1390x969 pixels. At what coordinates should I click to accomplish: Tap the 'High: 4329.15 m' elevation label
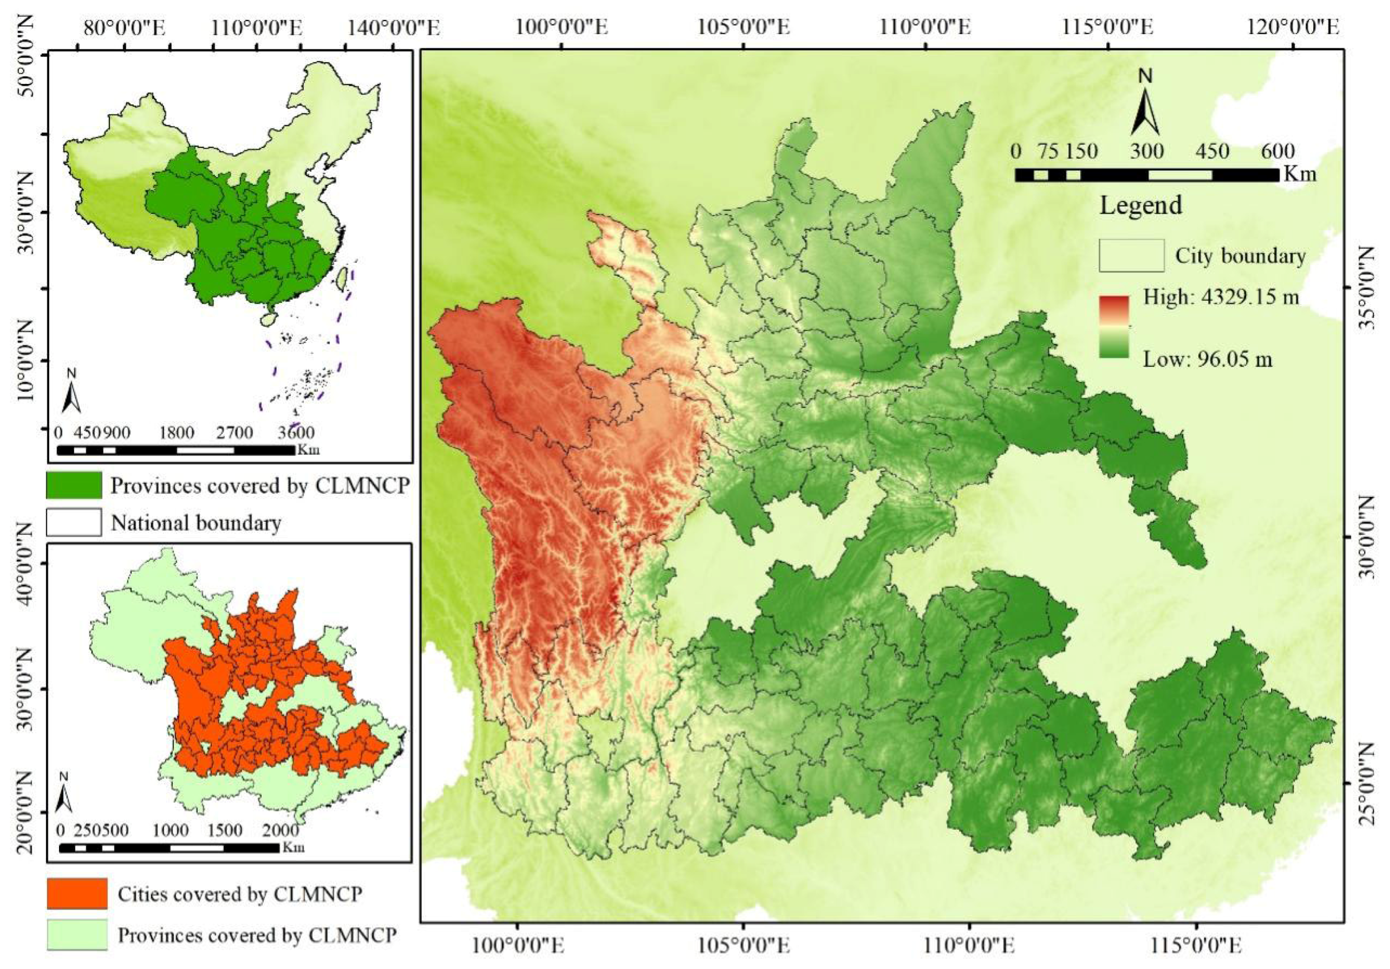1220,297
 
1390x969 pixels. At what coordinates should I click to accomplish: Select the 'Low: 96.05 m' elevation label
1207,360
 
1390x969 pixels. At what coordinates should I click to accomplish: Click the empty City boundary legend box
1131,255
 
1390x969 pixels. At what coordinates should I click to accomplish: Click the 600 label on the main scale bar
1278,151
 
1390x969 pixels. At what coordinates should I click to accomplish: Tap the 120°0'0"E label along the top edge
1292,27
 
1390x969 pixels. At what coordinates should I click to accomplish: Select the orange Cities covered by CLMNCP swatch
77,894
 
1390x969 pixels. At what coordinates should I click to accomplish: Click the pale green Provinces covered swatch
77,934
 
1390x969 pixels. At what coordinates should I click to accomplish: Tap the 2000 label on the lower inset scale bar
281,830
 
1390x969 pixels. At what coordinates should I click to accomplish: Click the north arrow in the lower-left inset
64,794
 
